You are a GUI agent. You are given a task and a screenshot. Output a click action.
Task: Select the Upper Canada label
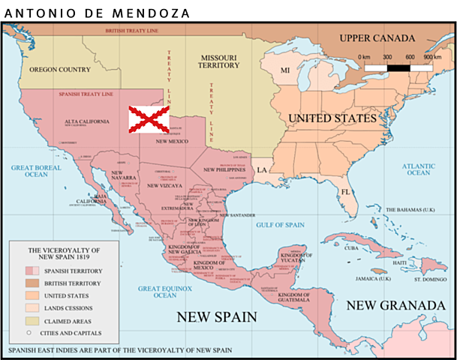point(376,38)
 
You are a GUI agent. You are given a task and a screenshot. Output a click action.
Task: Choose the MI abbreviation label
point(285,70)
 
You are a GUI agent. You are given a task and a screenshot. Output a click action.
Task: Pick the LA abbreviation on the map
point(263,170)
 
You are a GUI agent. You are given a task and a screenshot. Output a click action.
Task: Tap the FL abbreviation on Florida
point(346,192)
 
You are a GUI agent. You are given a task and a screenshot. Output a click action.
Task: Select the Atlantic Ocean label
point(418,169)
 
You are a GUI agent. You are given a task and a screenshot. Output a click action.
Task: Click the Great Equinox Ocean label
point(165,292)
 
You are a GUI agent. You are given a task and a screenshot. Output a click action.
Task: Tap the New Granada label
point(395,305)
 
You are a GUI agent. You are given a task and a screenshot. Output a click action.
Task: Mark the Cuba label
point(351,248)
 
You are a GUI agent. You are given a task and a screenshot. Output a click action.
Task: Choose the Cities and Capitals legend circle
point(29,332)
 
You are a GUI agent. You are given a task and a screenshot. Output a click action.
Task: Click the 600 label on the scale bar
point(410,57)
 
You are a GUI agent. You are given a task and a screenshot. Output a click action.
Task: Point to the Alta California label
point(83,121)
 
